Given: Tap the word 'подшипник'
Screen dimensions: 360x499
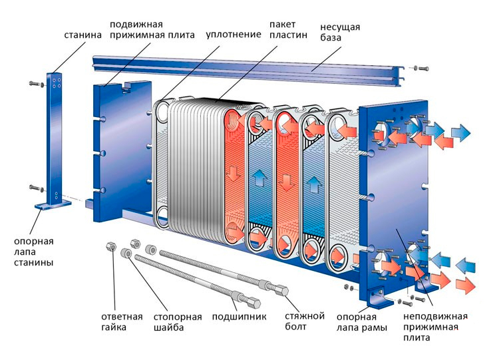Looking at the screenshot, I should click(x=239, y=316).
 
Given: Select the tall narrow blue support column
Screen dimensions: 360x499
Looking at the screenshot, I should click(x=55, y=133).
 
